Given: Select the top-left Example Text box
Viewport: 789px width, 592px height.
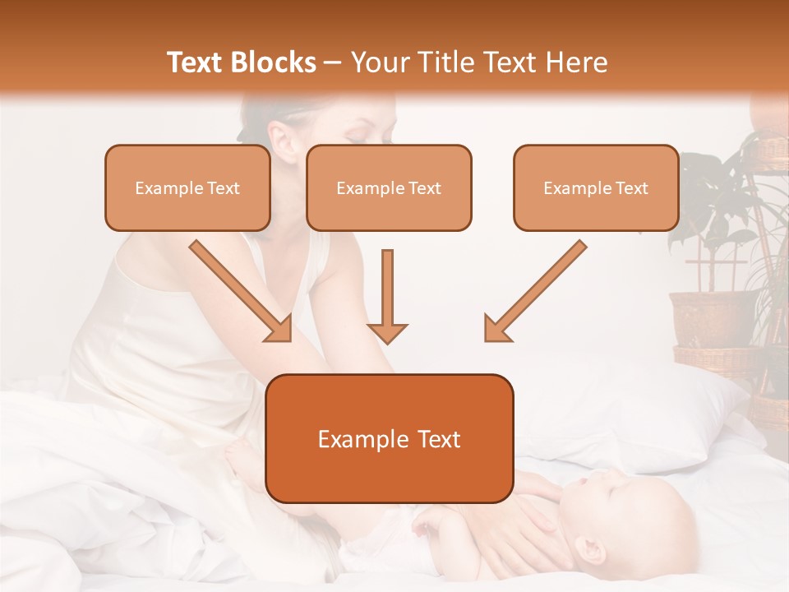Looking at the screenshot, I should click(x=187, y=188).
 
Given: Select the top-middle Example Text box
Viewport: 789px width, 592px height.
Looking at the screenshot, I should click(x=389, y=188).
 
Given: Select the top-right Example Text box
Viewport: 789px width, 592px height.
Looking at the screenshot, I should click(x=596, y=188).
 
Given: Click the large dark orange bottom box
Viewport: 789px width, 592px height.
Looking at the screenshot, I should click(x=389, y=439).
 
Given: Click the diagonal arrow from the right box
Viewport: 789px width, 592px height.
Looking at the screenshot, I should click(x=534, y=292).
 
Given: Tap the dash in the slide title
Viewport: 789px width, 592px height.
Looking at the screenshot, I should click(x=333, y=63).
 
